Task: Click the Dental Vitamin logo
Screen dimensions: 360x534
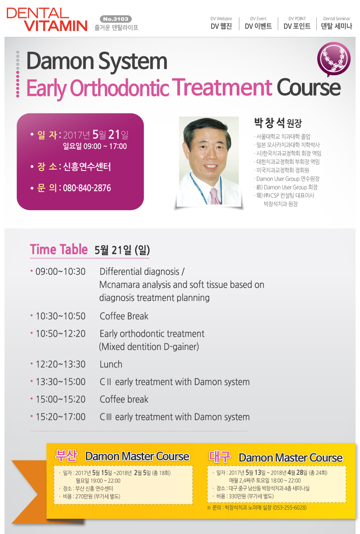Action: (47, 20)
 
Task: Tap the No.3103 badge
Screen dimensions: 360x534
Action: (116, 19)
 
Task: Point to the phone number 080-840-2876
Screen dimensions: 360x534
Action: (87, 188)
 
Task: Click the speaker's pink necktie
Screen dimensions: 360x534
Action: (215, 196)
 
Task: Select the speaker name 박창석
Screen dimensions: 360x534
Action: (269, 123)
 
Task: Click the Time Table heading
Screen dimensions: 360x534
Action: (58, 249)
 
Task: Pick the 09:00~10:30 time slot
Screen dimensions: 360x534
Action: (61, 271)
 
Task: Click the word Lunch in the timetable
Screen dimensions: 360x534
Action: (111, 364)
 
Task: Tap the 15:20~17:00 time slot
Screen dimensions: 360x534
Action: (61, 417)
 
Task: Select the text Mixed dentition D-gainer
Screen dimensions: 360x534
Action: (149, 347)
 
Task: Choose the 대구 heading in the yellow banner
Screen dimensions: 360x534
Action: (220, 456)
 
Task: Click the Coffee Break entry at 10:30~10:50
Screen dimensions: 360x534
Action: (124, 316)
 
